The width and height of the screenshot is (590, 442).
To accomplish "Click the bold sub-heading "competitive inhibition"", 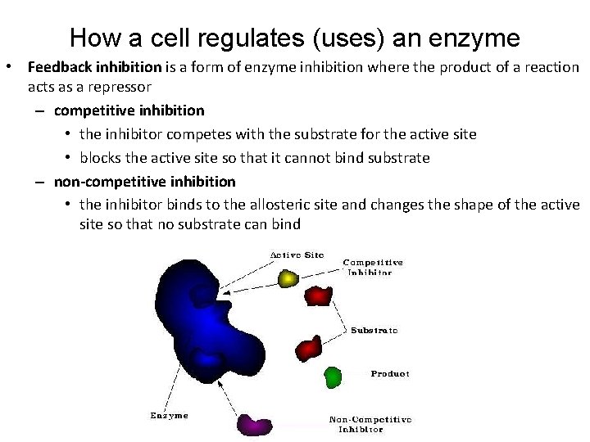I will pyautogui.click(x=129, y=109).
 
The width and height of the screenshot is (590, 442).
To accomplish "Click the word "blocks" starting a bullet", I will pyautogui.click(x=101, y=157).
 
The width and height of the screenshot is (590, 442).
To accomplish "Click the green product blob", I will pyautogui.click(x=332, y=377).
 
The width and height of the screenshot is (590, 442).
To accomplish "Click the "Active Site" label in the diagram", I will pyautogui.click(x=297, y=255).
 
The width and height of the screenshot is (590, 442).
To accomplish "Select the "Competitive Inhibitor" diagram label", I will pyautogui.click(x=373, y=267).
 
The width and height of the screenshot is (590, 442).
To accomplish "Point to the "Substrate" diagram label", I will pyautogui.click(x=374, y=331).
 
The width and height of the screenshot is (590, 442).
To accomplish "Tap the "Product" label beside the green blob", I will pyautogui.click(x=390, y=373).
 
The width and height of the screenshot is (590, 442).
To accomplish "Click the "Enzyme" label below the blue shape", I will pyautogui.click(x=169, y=415).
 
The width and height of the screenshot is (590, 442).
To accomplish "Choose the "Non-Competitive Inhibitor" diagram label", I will pyautogui.click(x=370, y=424).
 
